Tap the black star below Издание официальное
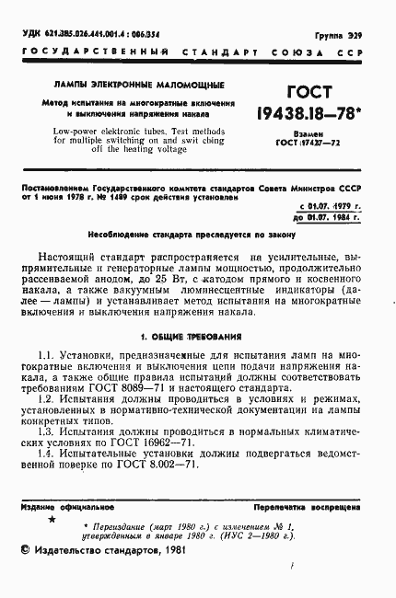(51, 521)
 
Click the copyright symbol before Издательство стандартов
(25, 550)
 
